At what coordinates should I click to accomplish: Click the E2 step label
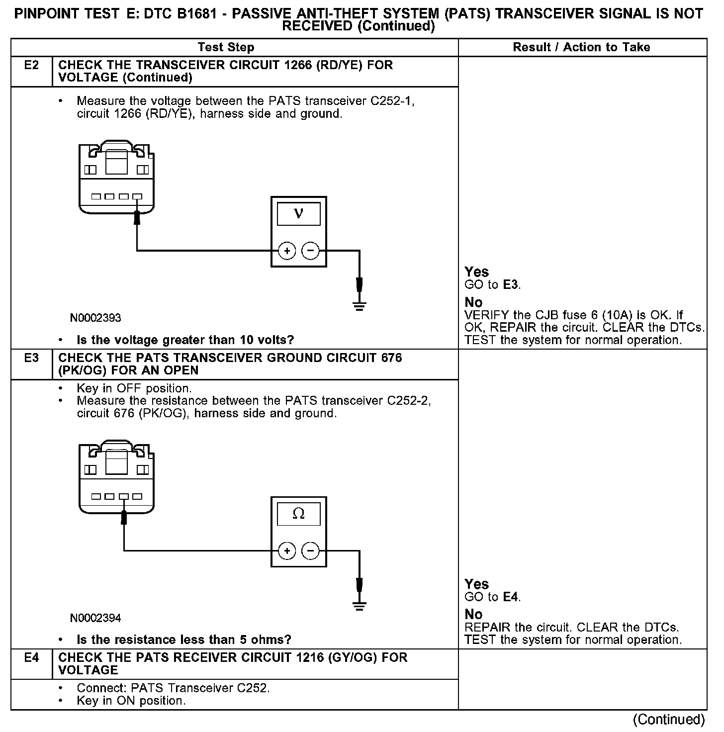point(31,65)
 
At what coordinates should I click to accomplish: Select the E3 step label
point(31,358)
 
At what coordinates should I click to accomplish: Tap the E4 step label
point(31,658)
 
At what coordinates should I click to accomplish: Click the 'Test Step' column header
point(226,47)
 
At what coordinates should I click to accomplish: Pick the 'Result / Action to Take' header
point(581,47)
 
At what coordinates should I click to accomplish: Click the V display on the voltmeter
point(298,214)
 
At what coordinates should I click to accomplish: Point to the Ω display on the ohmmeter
point(298,514)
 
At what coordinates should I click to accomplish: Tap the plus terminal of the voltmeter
point(287,251)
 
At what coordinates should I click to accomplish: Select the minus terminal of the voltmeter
point(311,251)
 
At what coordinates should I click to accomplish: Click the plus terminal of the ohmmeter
point(287,550)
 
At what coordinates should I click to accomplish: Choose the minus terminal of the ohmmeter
point(311,550)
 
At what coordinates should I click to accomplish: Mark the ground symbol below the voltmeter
point(359,306)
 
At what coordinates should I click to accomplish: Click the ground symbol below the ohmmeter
point(359,606)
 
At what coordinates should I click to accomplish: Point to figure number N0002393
point(95,318)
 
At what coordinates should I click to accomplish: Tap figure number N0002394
point(95,618)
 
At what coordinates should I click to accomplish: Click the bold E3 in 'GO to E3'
point(511,285)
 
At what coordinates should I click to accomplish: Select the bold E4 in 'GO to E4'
point(511,597)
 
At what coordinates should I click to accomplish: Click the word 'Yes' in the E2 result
point(476,272)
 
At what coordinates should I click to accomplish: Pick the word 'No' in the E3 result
point(473,615)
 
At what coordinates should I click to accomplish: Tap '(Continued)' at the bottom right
point(668,720)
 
